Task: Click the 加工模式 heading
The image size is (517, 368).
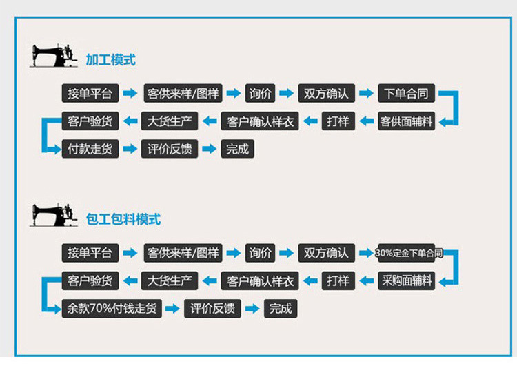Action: [110, 60]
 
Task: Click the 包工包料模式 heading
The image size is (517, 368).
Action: [123, 219]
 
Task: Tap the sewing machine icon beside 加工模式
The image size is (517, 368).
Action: [54, 56]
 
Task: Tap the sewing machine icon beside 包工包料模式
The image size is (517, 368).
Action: [54, 215]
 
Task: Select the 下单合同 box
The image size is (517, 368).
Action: [406, 93]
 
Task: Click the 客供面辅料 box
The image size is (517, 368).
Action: [406, 121]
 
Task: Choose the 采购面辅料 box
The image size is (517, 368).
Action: [407, 280]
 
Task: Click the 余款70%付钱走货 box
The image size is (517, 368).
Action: [112, 308]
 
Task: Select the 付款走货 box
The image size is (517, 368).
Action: [90, 148]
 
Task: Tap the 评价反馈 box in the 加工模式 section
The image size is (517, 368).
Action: [170, 148]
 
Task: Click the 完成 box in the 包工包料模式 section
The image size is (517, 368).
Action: [281, 308]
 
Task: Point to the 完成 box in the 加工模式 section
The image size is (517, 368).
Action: [237, 148]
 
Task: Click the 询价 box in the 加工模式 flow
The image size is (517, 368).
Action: [261, 93]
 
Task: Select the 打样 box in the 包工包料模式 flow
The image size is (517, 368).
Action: [338, 280]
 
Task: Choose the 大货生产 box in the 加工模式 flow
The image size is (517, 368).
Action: [170, 121]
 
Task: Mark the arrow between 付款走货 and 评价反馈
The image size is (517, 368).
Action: [130, 148]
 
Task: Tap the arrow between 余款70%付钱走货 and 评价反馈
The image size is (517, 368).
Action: [173, 308]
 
